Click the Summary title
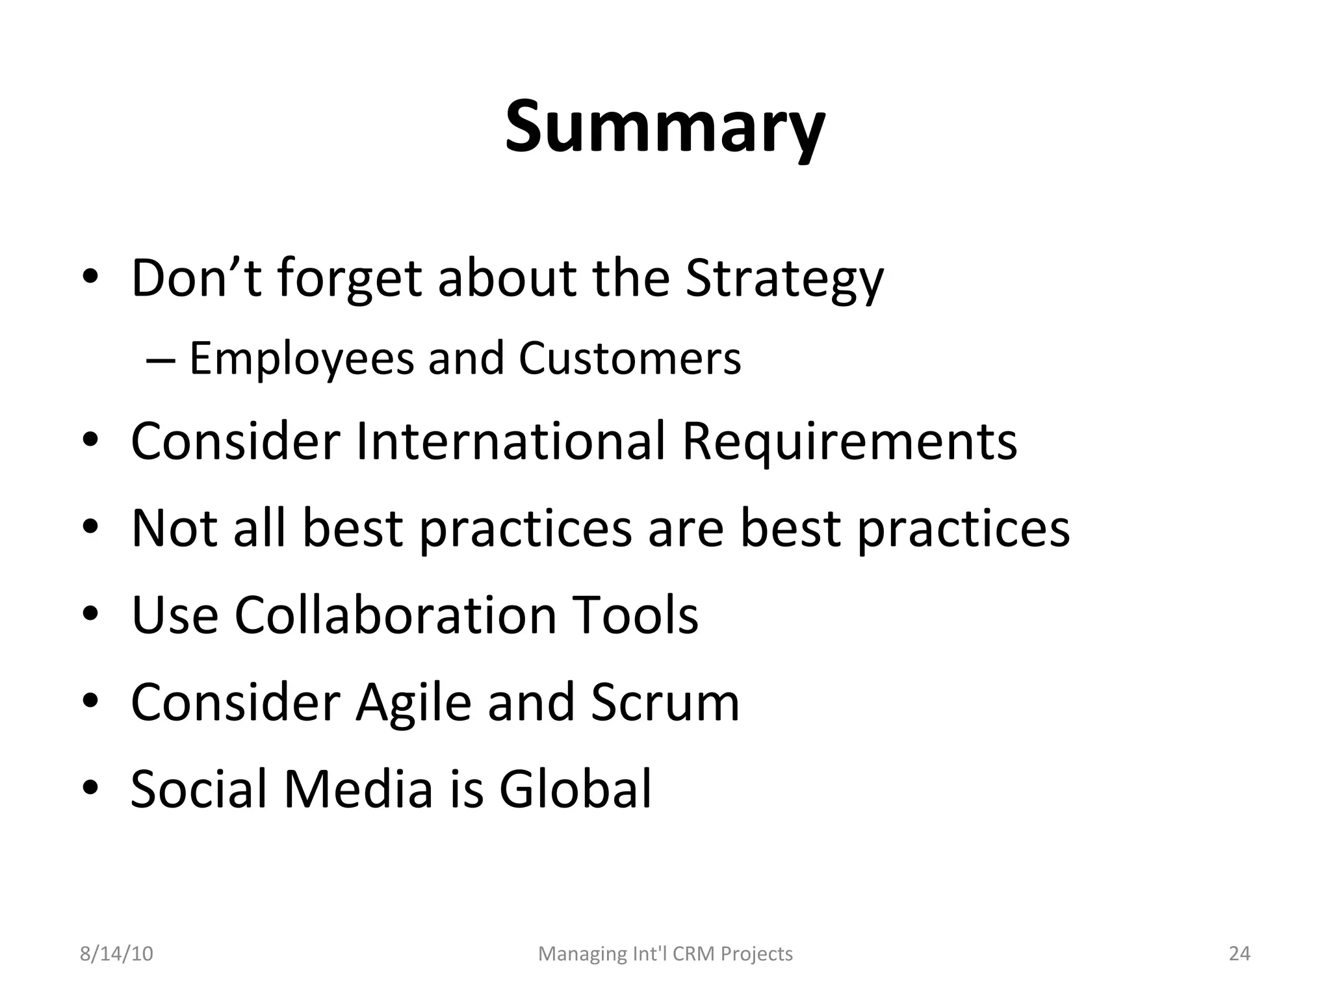click(665, 127)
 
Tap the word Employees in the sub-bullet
click(302, 359)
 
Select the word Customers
click(629, 359)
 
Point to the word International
click(511, 442)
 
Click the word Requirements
click(849, 442)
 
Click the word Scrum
click(665, 702)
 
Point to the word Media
click(358, 789)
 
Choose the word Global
click(575, 789)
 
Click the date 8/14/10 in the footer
click(116, 954)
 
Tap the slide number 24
click(1239, 954)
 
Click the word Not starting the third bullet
click(174, 528)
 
